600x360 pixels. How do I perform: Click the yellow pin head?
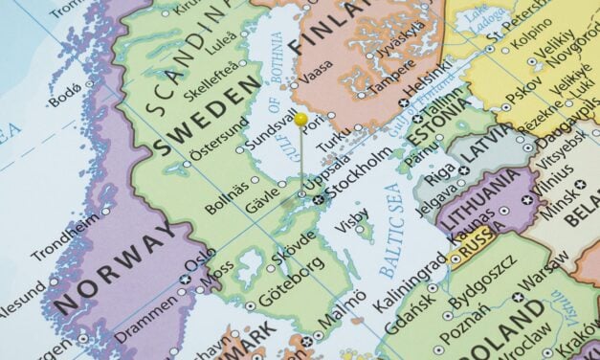pos(300,120)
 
